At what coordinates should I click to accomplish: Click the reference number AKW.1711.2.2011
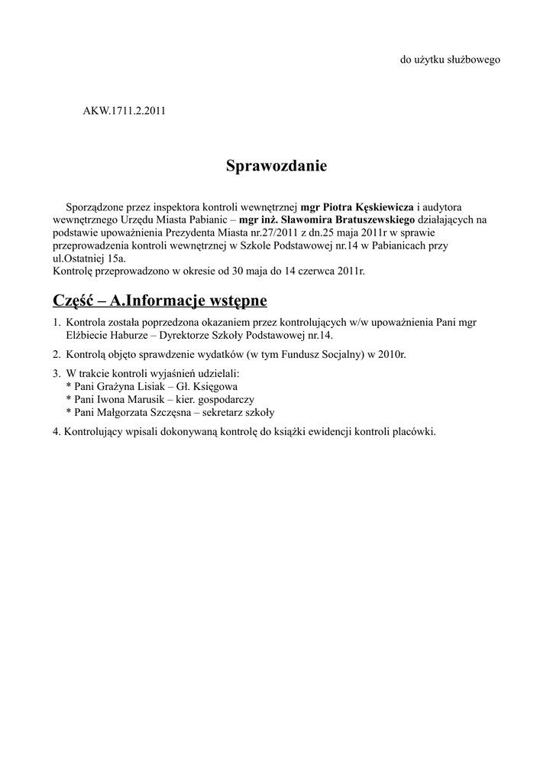click(124, 111)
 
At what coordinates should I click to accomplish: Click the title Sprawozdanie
click(276, 165)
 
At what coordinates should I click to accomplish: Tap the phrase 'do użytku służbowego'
click(451, 60)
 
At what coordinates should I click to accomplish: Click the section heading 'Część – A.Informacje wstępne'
click(160, 298)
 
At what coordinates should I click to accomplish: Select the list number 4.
click(57, 432)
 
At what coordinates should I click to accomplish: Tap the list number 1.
click(57, 323)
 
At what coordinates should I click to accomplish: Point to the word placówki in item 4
click(413, 432)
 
